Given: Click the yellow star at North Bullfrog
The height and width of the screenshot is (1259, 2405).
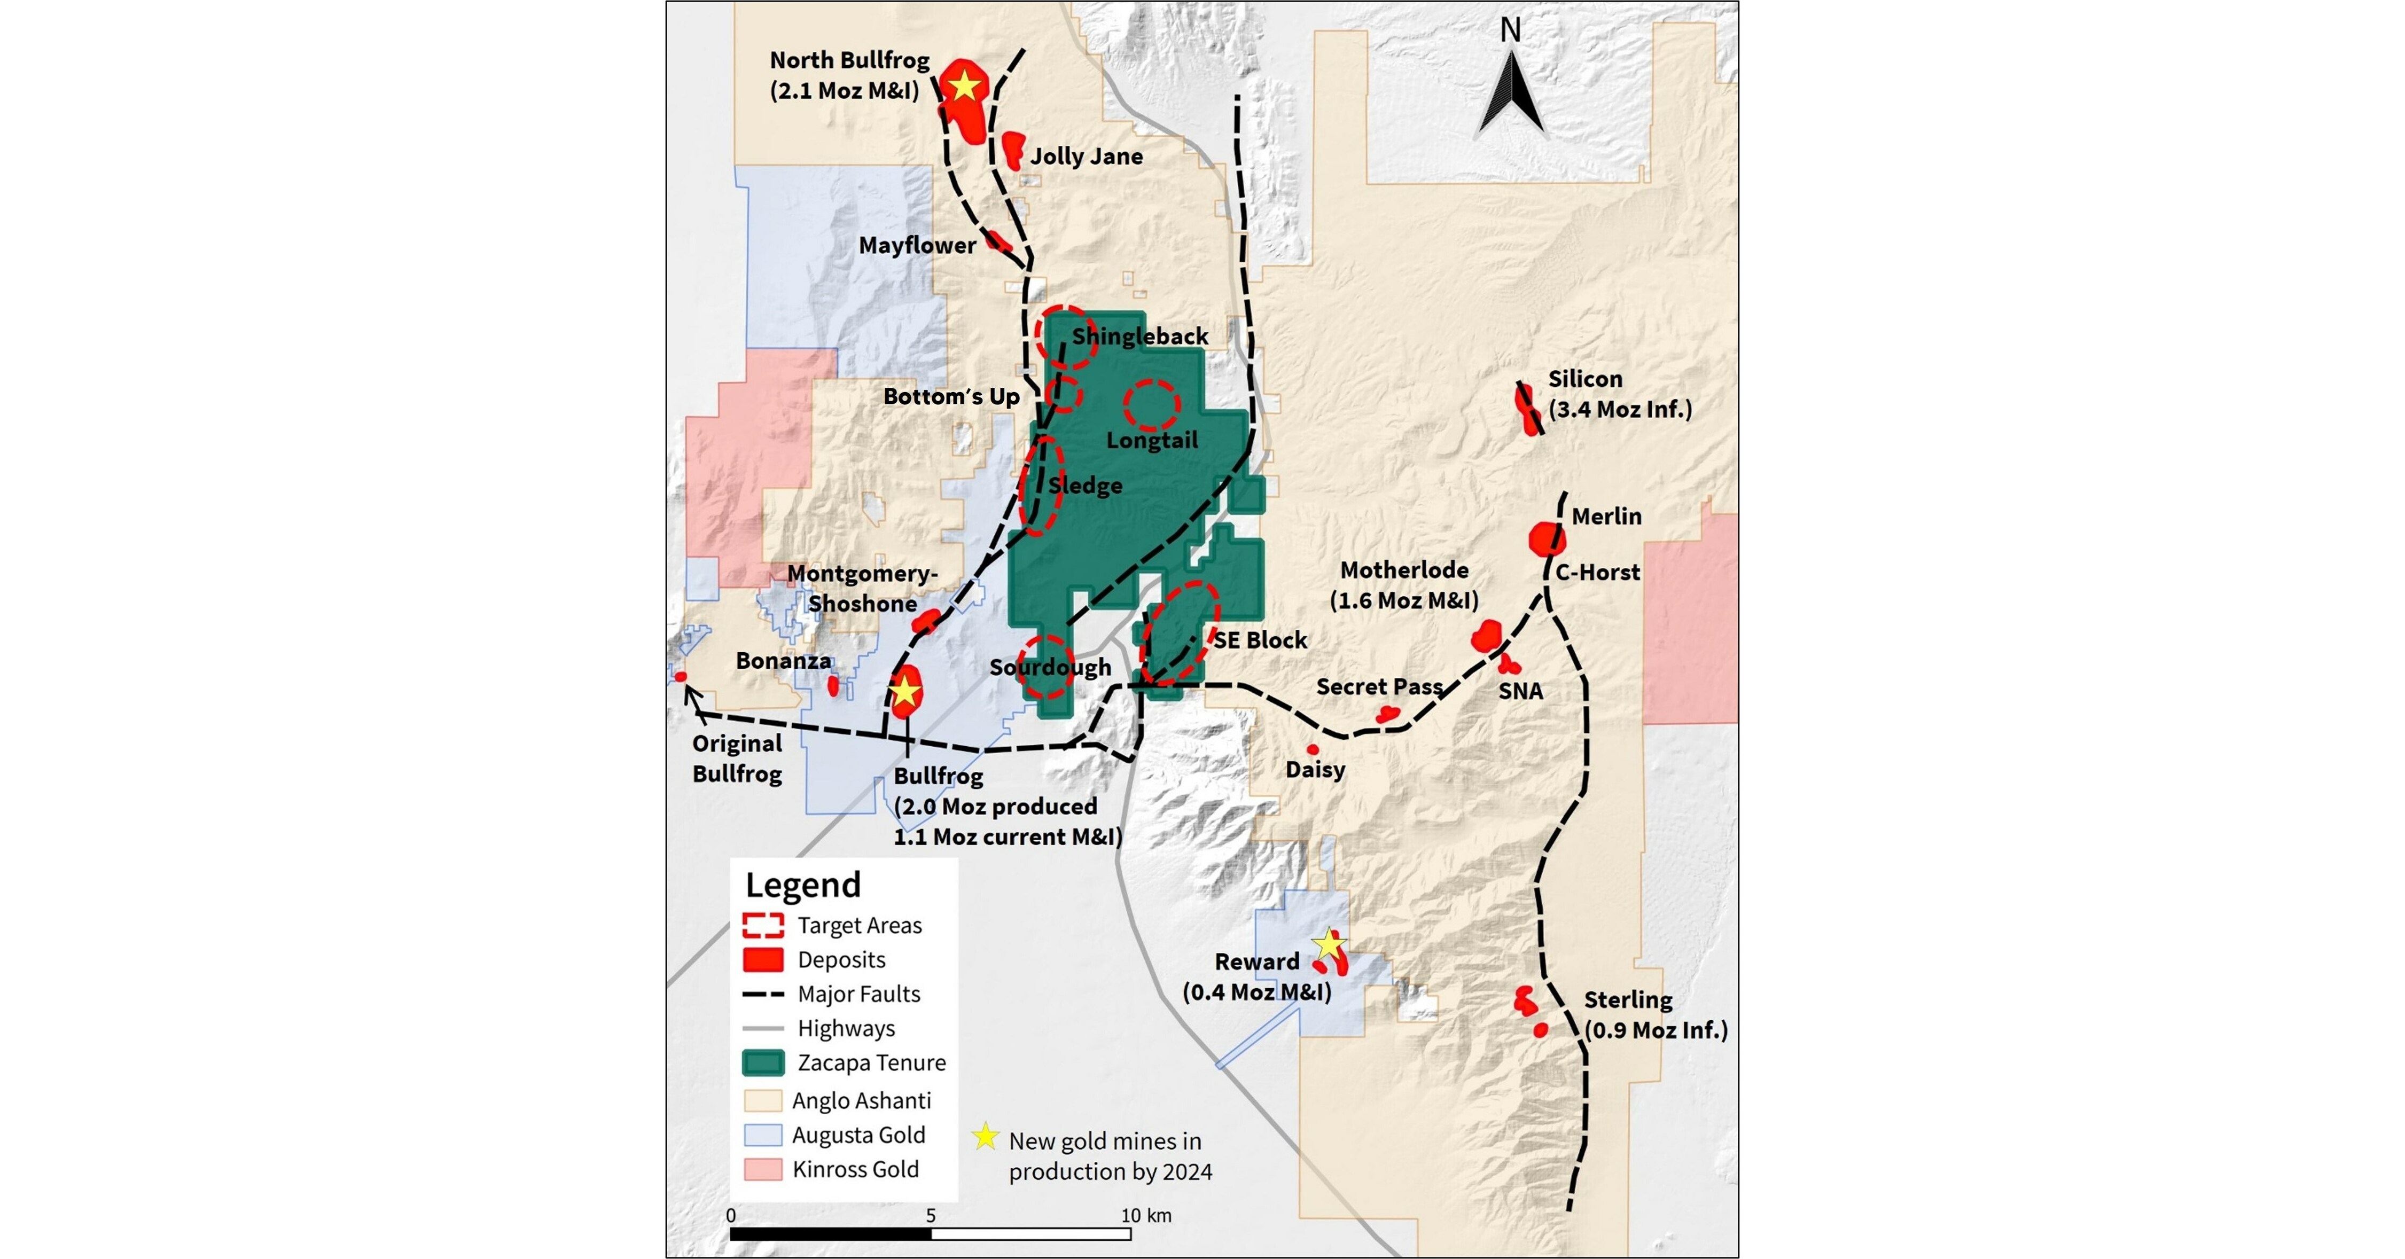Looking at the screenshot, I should point(964,87).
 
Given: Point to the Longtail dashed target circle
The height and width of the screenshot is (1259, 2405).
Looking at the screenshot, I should point(1151,405).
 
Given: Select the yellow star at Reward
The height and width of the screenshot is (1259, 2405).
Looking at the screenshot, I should point(1328,944).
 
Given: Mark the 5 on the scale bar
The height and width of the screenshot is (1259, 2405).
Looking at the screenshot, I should point(931,1215).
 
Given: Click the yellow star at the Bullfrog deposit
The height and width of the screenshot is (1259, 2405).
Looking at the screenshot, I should point(904,692).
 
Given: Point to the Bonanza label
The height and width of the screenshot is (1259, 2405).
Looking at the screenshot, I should point(783,661).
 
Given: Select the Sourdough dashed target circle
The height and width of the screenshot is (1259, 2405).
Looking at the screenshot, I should point(1045,667).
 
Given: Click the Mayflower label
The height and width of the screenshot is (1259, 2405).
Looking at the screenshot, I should point(917,246).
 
